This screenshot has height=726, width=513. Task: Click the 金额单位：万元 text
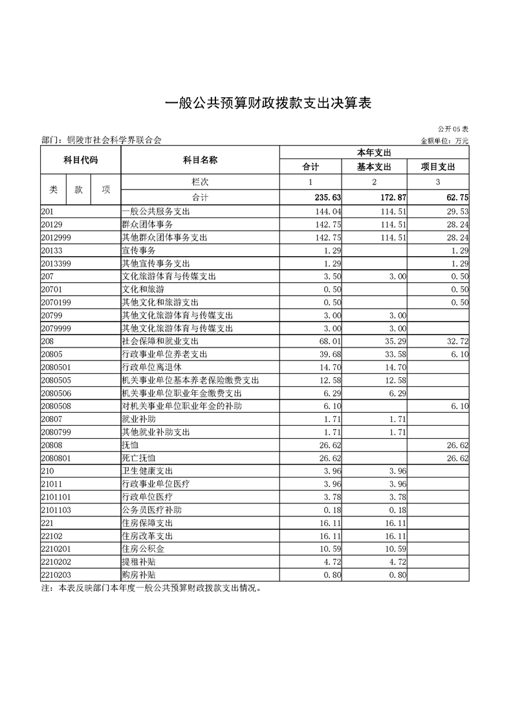(444, 140)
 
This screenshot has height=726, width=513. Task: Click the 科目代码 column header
(81, 159)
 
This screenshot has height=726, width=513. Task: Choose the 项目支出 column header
(439, 166)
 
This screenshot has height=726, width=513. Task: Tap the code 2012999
(56, 237)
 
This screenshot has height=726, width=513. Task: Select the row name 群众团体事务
(147, 224)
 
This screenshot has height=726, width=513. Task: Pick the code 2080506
(56, 393)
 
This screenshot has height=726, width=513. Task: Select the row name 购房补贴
(139, 575)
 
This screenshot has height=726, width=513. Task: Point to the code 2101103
(56, 509)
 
